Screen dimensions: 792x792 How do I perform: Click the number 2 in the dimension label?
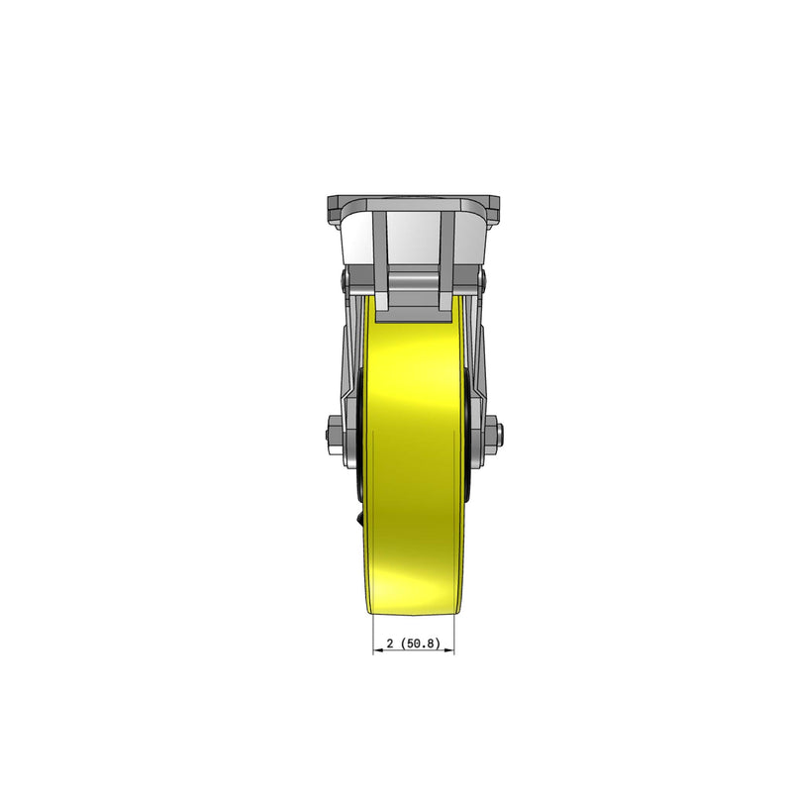click(x=390, y=643)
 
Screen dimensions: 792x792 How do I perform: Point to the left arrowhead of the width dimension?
click(x=375, y=650)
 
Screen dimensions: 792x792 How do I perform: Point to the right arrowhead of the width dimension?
click(x=450, y=650)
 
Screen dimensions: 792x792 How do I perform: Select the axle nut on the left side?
click(x=331, y=432)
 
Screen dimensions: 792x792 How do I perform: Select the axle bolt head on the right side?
click(x=500, y=432)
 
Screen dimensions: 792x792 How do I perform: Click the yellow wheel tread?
click(x=413, y=445)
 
